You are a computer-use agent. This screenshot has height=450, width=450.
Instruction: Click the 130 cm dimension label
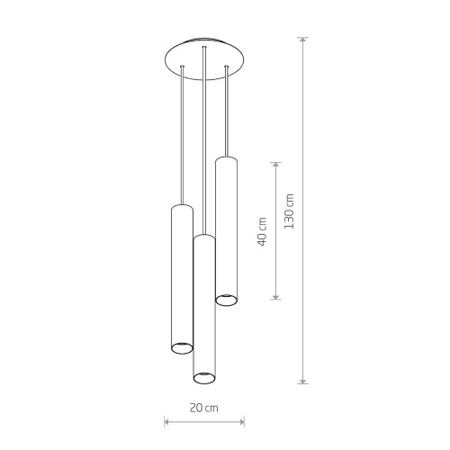point(289,211)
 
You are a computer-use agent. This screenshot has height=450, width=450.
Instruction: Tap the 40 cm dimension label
point(262,231)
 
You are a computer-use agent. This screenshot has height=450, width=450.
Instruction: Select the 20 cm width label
point(204,408)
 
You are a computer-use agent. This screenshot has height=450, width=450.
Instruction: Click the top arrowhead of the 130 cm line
point(303,40)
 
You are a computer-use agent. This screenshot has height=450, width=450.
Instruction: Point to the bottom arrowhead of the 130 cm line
point(303,380)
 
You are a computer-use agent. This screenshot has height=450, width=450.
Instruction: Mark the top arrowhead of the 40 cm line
point(275,166)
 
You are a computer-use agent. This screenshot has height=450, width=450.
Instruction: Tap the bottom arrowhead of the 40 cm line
point(275,295)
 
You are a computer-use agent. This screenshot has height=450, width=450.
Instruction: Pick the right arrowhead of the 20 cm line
point(240,422)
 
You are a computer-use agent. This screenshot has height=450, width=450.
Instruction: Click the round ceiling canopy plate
point(205,58)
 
